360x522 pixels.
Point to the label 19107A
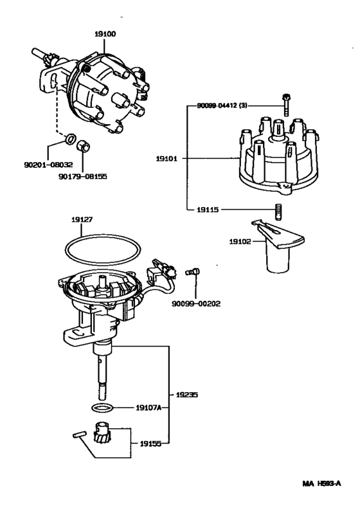click(148, 408)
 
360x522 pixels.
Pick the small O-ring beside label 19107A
click(101, 408)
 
